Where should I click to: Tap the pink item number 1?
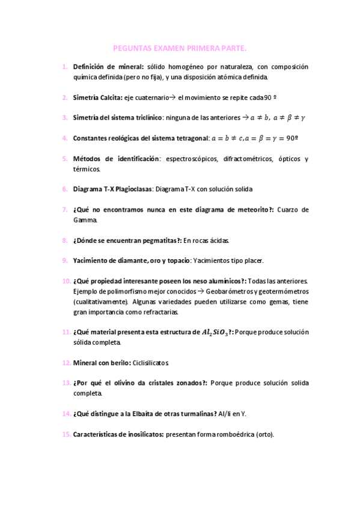[64, 67]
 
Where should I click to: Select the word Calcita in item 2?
[111, 97]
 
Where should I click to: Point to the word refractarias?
[159, 312]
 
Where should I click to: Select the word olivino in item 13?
[126, 382]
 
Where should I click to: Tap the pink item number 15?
[66, 434]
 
